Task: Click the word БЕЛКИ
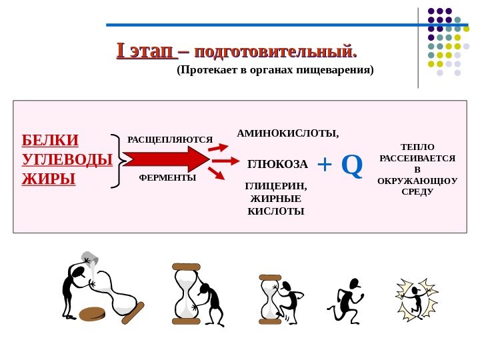[50, 140]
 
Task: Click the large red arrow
[167, 160]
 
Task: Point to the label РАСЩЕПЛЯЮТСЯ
[169, 140]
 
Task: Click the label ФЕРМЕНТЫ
[167, 178]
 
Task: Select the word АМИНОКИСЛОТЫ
[287, 133]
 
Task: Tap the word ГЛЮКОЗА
[277, 164]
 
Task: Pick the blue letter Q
[352, 165]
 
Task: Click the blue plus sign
[324, 165]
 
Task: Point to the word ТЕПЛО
[417, 146]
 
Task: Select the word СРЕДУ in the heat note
[417, 191]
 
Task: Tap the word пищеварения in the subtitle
[339, 69]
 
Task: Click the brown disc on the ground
[93, 313]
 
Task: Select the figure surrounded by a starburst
[417, 299]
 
